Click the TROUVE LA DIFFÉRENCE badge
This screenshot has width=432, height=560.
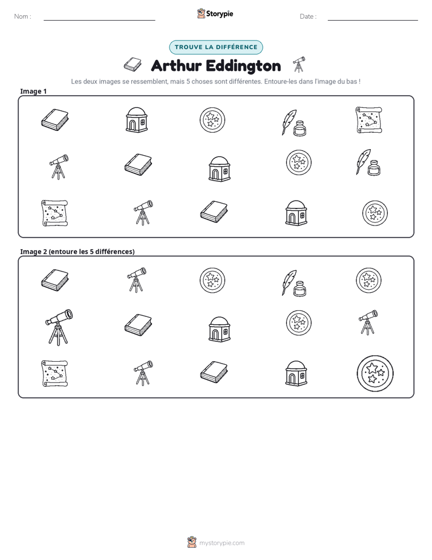click(x=216, y=47)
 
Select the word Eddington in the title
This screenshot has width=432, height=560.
click(x=243, y=65)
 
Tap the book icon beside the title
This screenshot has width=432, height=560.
click(x=133, y=64)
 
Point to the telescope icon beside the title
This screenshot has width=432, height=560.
click(x=299, y=64)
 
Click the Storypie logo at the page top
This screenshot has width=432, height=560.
click(x=215, y=13)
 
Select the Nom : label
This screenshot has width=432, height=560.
click(x=23, y=16)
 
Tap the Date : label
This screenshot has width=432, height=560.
click(x=308, y=16)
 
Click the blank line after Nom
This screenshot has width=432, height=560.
click(x=99, y=21)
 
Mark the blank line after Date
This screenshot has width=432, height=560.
click(x=373, y=21)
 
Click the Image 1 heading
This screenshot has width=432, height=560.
click(x=33, y=91)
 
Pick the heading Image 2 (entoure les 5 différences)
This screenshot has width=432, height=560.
click(x=77, y=252)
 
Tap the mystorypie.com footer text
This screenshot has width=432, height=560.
click(x=221, y=543)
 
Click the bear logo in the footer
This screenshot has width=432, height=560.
click(x=192, y=542)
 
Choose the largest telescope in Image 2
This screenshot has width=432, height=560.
click(x=59, y=327)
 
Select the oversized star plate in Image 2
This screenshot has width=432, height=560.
click(x=375, y=373)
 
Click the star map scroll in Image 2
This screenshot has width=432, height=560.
click(x=54, y=373)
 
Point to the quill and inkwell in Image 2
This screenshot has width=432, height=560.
click(x=294, y=283)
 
